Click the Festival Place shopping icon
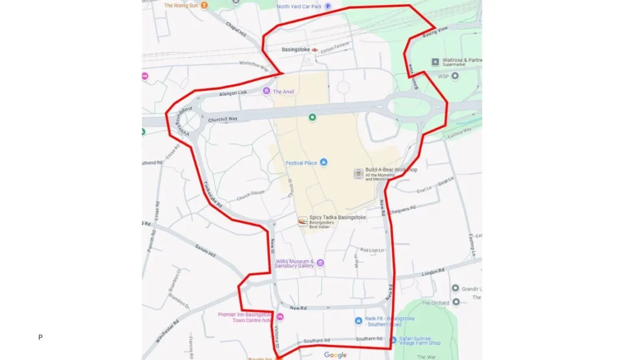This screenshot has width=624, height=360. click(x=324, y=162)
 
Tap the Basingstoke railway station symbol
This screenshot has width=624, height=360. click(x=315, y=50)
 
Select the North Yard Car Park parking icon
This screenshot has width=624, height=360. click(x=328, y=6)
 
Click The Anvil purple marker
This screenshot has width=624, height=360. click(x=266, y=91)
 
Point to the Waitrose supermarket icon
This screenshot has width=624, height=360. click(x=435, y=61)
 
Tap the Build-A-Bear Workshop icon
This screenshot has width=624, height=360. click(x=358, y=174)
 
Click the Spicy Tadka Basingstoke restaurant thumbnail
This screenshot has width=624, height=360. click(x=303, y=221)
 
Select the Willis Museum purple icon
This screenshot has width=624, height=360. click(x=320, y=264)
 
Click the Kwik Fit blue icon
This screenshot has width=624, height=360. click(x=359, y=320)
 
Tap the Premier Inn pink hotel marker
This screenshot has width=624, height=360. click(x=280, y=317)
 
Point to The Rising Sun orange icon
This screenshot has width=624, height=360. click(x=204, y=6)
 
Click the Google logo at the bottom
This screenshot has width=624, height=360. click(x=335, y=355)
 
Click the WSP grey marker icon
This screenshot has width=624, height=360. click(x=455, y=76)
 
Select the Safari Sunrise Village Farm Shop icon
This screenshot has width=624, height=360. click(x=393, y=340)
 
